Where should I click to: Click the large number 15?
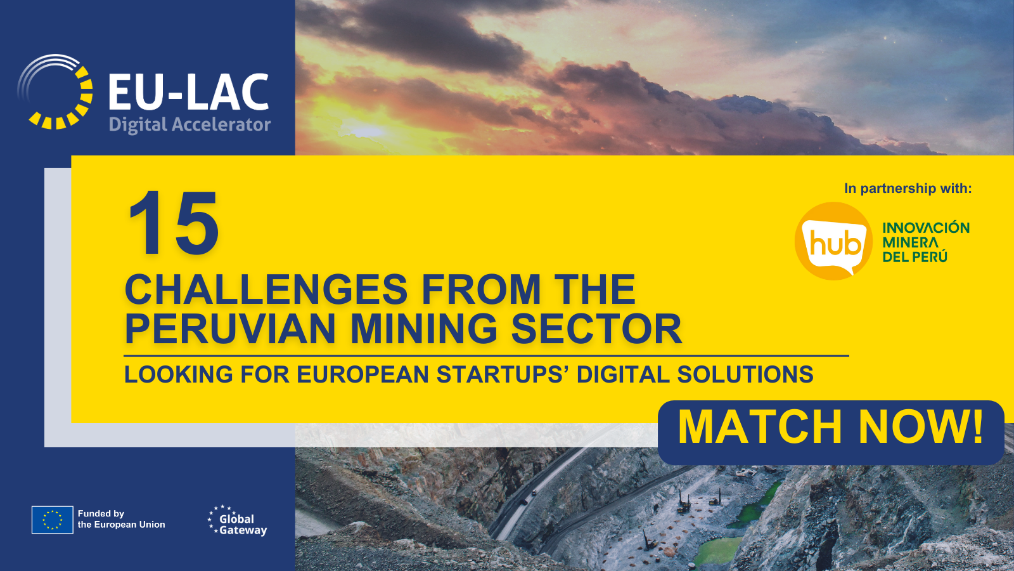174,223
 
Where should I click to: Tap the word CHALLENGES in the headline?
266,289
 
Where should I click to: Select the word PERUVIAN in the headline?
230,329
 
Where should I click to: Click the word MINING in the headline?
424,329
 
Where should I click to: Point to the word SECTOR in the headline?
596,329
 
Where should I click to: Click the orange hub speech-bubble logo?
833,241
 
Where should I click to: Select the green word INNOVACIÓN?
926,228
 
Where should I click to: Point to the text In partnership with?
908,188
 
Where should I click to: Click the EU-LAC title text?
189,93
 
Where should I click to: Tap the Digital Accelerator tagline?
189,124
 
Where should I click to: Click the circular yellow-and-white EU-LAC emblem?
55,92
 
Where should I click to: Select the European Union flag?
53,520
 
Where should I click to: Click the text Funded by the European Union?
121,520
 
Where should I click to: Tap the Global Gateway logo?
238,521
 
